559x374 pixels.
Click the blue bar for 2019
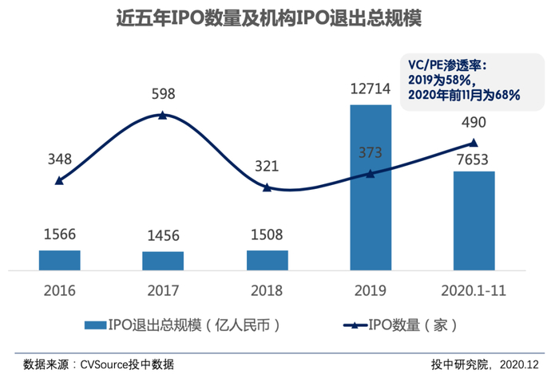click(371, 187)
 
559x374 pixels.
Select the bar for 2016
click(60, 261)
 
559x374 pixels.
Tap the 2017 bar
click(163, 262)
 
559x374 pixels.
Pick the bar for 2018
click(268, 261)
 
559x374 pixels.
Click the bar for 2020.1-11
click(474, 221)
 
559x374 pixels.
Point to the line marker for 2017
click(163, 115)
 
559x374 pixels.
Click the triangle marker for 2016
click(60, 181)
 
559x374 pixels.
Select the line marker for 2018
click(267, 187)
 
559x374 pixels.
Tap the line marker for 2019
click(371, 174)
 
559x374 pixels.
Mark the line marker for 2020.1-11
click(474, 143)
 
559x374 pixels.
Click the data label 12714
click(371, 89)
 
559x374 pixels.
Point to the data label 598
click(163, 94)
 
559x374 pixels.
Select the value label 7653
click(473, 159)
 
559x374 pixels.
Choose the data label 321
click(267, 166)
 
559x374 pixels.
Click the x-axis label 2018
click(267, 291)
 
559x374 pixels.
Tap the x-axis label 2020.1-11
click(474, 291)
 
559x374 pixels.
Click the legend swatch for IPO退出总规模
click(96, 325)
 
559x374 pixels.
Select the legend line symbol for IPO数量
click(355, 325)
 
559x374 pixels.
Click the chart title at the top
click(269, 18)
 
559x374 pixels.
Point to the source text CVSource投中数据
click(127, 364)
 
